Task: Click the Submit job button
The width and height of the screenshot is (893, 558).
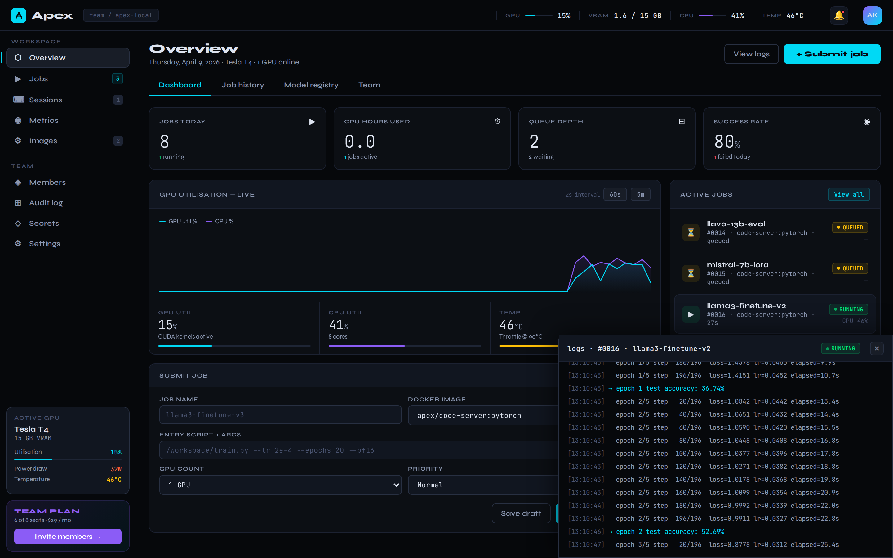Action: [x=832, y=54]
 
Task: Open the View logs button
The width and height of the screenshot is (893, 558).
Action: [x=751, y=54]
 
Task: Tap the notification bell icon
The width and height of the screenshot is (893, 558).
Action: [x=839, y=15]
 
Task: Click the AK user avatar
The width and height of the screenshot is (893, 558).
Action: [x=872, y=15]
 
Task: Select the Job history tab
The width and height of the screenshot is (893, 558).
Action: [x=242, y=85]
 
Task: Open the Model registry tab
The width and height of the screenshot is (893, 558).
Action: [x=311, y=85]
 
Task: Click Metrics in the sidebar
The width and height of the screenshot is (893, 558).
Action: [x=43, y=120]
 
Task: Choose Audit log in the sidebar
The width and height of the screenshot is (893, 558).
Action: [x=46, y=203]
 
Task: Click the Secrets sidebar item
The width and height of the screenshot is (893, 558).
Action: [x=44, y=223]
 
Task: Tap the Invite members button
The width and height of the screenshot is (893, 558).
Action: [x=68, y=536]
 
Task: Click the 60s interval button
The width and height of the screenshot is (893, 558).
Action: [x=615, y=194]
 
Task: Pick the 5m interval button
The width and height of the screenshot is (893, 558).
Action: [x=640, y=194]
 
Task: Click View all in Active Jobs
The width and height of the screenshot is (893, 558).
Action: [x=848, y=194]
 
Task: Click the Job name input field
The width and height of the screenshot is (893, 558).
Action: [x=280, y=415]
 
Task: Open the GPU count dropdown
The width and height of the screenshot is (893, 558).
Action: [x=280, y=485]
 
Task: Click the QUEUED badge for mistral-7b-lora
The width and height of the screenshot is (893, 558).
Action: [x=850, y=268]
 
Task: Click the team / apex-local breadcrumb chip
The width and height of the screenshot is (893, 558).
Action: [x=121, y=15]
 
